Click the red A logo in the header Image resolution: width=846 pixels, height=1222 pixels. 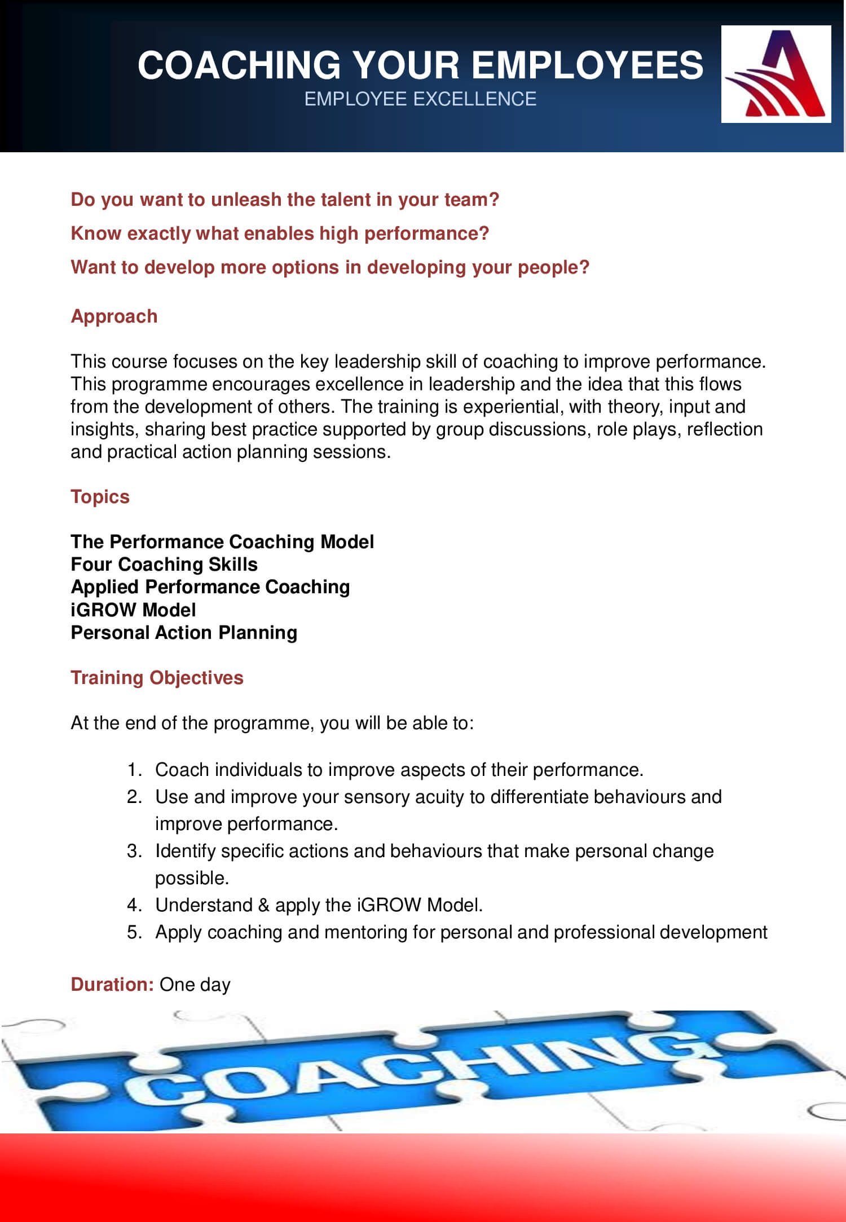point(776,74)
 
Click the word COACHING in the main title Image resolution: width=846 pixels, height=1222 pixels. point(239,65)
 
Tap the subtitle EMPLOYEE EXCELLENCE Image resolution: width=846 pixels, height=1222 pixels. point(420,99)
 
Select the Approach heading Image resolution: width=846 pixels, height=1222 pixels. point(114,316)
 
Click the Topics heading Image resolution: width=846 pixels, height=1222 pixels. point(100,497)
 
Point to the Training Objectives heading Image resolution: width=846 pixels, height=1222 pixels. point(157,677)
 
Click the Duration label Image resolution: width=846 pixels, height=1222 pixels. point(112,984)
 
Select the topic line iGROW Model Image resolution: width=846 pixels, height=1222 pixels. point(133,610)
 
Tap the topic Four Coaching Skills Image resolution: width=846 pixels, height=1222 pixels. point(164,564)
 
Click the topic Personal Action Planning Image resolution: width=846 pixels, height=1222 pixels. point(184,633)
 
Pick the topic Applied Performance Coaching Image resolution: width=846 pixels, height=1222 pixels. point(210,587)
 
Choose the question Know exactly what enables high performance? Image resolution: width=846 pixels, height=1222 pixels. point(280,233)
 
